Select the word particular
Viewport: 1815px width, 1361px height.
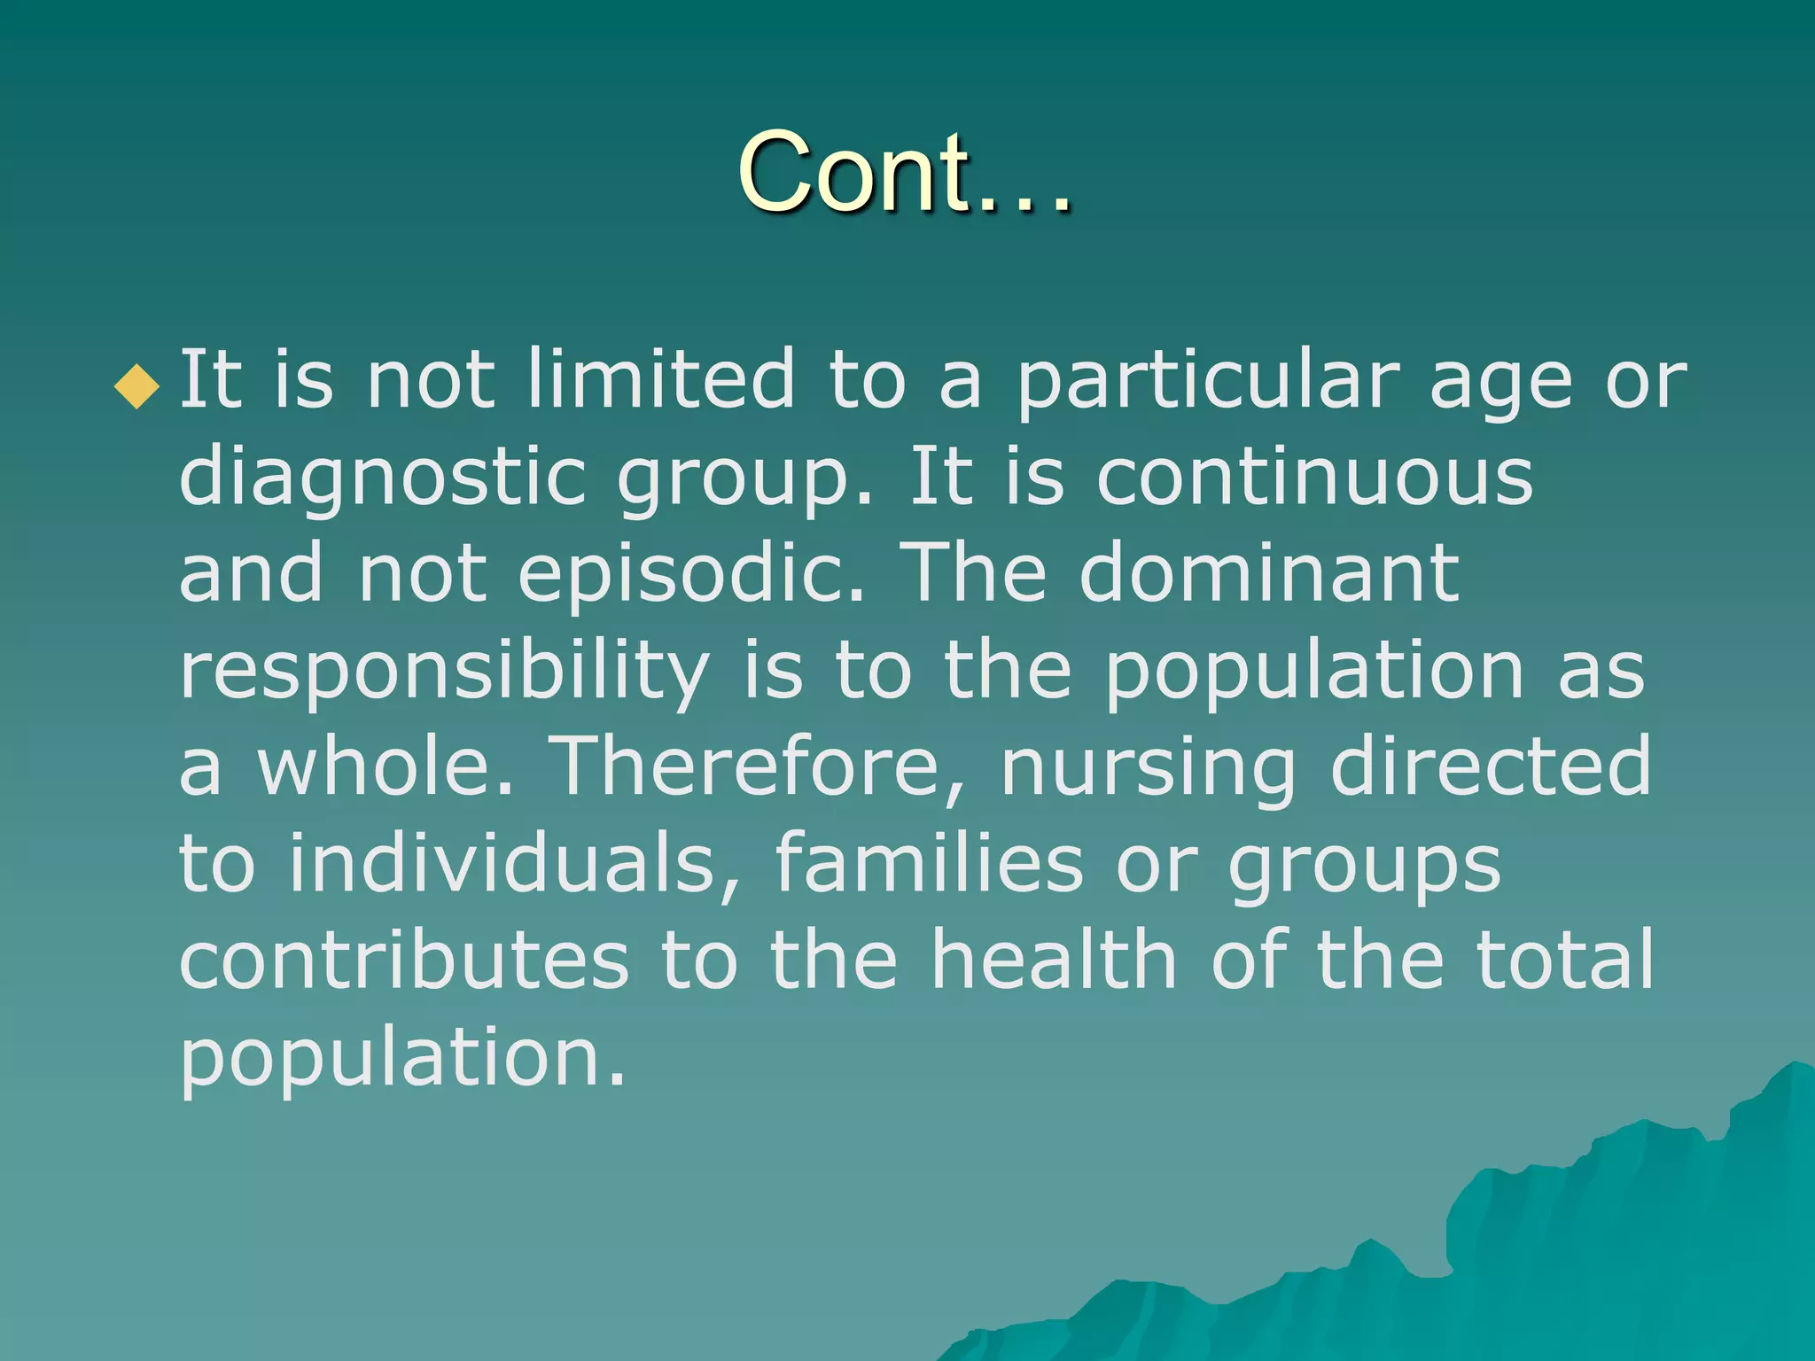coord(1207,381)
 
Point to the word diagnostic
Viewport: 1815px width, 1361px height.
coord(382,478)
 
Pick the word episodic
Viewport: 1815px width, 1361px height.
coord(690,574)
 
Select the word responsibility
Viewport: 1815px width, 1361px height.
coord(444,672)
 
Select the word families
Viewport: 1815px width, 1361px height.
coord(929,863)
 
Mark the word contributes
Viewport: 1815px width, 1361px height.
coord(404,960)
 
